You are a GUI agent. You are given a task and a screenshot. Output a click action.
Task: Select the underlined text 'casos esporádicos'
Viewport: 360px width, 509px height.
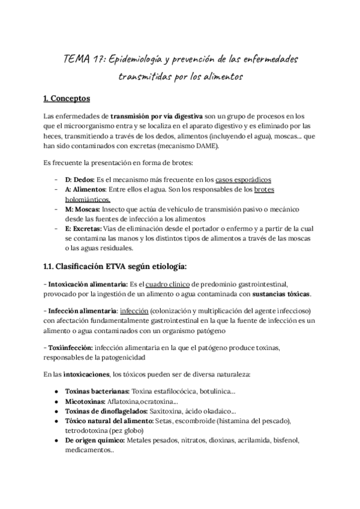tap(244, 179)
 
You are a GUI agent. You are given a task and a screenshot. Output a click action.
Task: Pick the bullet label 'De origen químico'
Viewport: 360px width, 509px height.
tap(91, 440)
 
